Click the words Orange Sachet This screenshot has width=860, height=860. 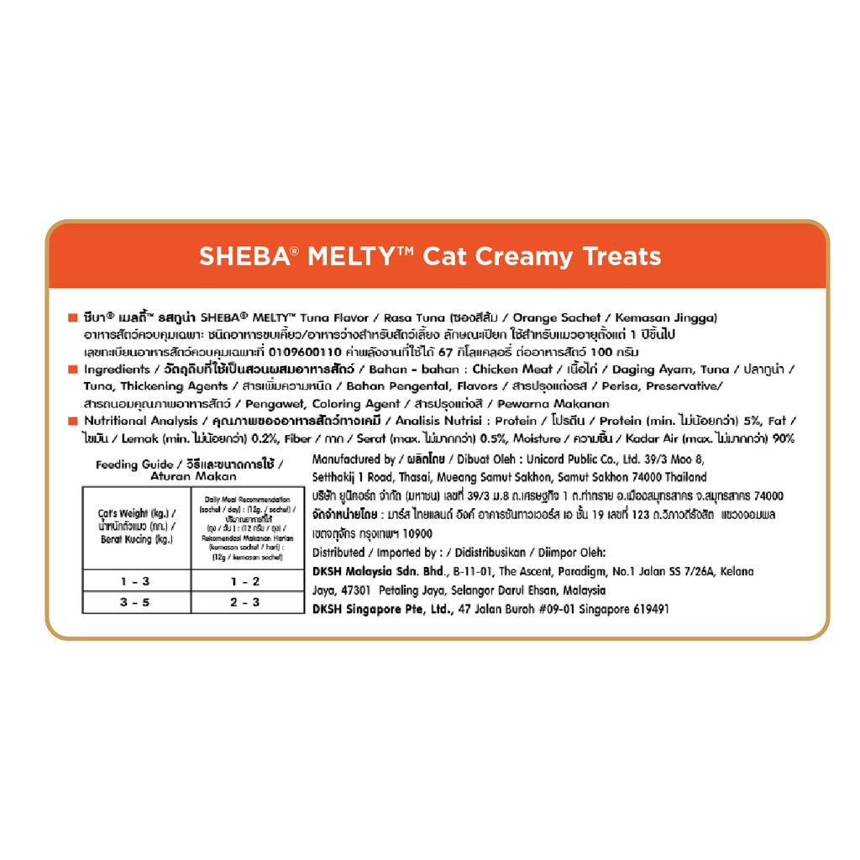click(557, 317)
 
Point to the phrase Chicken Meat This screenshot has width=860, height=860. click(512, 370)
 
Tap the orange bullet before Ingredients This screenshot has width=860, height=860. click(73, 370)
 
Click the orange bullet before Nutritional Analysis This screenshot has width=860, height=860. click(73, 422)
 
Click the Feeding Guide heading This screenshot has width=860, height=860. click(134, 464)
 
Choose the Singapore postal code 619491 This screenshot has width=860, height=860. click(647, 609)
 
